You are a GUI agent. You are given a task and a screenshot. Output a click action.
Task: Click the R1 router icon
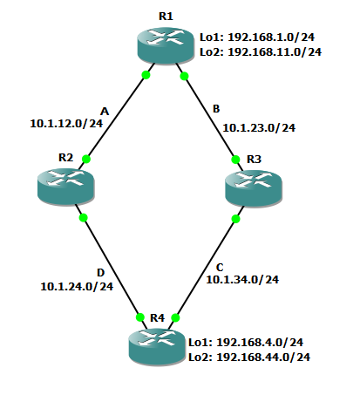point(166,45)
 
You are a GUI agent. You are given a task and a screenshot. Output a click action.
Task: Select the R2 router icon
point(66,187)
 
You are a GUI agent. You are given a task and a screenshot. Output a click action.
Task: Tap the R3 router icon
point(254,188)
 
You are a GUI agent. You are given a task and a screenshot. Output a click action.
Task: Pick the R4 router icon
point(157,347)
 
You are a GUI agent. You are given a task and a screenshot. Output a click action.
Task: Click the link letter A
point(105,112)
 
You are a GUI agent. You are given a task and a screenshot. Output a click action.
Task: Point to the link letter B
point(216,109)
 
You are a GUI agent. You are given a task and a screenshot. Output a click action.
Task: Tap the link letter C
point(220,267)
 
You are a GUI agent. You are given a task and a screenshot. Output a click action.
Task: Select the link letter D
point(100,273)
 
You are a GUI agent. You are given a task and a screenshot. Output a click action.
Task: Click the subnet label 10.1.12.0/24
point(66,124)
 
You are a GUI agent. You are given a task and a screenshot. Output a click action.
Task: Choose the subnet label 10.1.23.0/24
point(259,128)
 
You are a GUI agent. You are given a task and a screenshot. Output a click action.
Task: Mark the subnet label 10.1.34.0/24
point(242,280)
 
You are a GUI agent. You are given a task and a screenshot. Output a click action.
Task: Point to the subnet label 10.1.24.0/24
point(77,287)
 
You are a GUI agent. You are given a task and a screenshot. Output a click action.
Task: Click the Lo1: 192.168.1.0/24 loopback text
point(257,37)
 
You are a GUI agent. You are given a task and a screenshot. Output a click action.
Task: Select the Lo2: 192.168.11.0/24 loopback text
point(261,52)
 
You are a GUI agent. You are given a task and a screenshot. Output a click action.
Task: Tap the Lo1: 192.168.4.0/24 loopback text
point(246,342)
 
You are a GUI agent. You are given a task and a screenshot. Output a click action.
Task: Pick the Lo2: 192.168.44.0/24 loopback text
point(249,357)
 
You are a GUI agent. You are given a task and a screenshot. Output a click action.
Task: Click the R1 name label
point(166,17)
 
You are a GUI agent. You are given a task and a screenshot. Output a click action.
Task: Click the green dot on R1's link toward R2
point(146,75)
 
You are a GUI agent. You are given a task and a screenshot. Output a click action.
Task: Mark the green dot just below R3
point(236,219)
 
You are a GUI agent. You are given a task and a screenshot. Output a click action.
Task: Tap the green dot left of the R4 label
point(140,317)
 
